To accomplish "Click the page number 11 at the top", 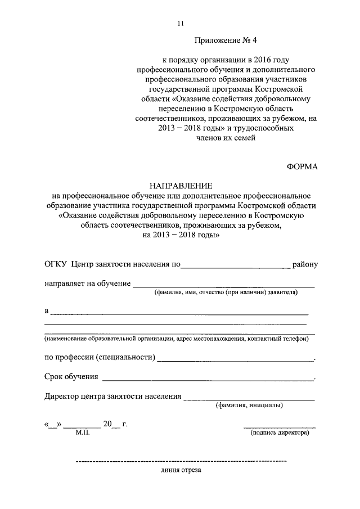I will coord(181,23).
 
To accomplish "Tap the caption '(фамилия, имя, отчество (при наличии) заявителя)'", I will coord(227,292).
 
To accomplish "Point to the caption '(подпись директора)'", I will coord(280,433).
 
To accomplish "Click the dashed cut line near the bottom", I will coord(180,462).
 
